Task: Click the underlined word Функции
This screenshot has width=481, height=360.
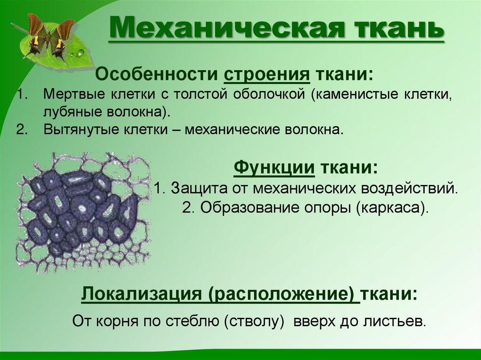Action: click(274, 168)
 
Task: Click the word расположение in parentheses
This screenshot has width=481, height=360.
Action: click(285, 295)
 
